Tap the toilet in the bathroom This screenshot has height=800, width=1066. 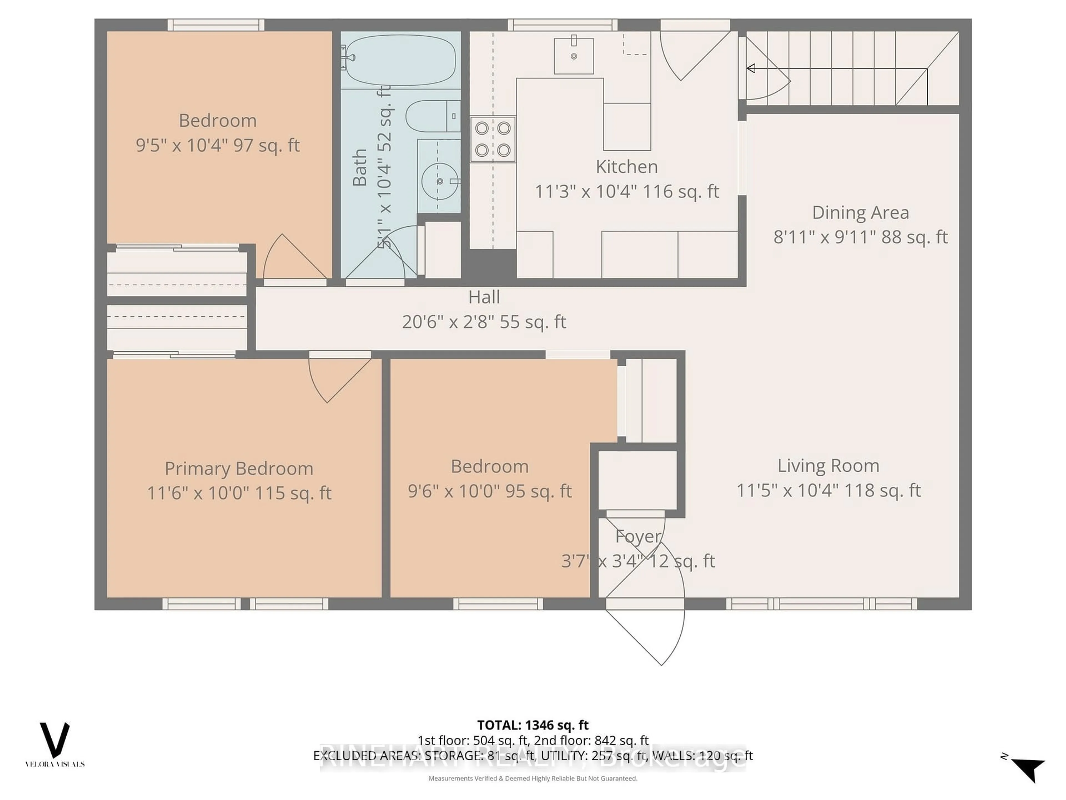(432, 116)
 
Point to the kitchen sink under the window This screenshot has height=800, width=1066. (574, 56)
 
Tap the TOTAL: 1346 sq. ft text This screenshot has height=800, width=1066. (532, 725)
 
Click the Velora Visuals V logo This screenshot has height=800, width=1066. (54, 740)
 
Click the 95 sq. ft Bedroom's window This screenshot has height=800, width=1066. (498, 603)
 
